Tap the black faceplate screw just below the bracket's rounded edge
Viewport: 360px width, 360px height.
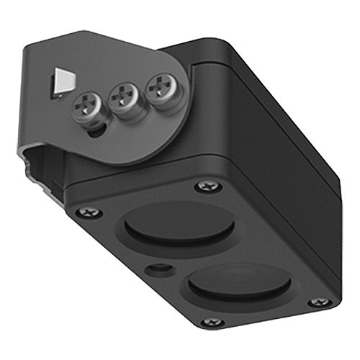click(x=207, y=186)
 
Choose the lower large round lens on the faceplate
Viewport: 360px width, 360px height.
click(x=240, y=281)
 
